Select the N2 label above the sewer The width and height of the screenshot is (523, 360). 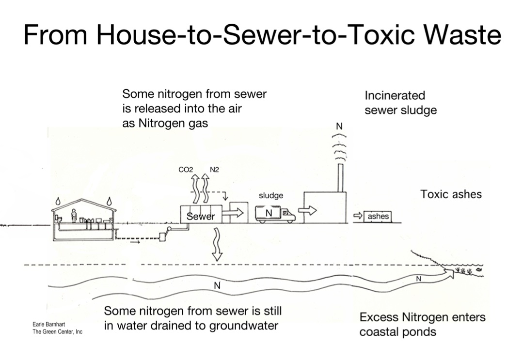click(x=215, y=170)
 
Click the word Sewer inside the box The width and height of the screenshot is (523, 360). click(x=200, y=217)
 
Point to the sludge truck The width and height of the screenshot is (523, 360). click(x=275, y=214)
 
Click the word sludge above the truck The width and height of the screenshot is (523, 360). click(x=271, y=196)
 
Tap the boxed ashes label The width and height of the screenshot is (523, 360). click(x=378, y=217)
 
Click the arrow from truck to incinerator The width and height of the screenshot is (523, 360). click(x=307, y=211)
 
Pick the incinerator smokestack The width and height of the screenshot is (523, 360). click(x=340, y=178)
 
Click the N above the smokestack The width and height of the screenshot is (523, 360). click(x=339, y=126)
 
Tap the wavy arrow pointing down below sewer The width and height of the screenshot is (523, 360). click(x=217, y=244)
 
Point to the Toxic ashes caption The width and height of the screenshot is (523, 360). click(x=451, y=195)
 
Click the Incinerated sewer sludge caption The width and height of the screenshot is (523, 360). click(x=400, y=103)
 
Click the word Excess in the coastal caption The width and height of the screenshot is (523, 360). click(x=379, y=318)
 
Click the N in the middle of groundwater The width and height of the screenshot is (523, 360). click(x=217, y=286)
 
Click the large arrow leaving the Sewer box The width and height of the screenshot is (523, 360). click(x=236, y=213)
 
